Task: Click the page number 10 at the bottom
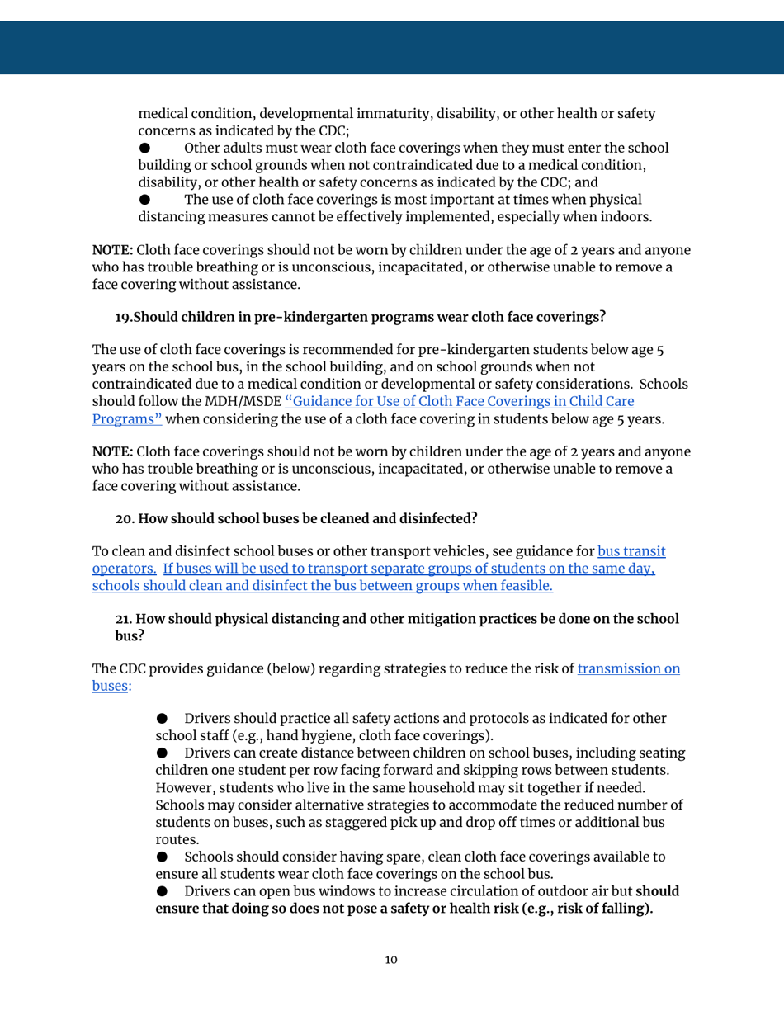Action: pos(391,960)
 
